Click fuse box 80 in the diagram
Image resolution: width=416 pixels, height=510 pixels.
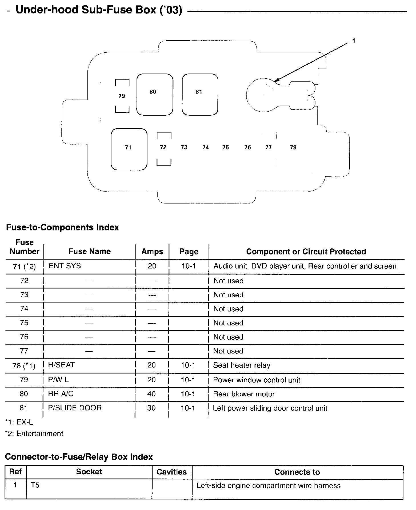click(155, 94)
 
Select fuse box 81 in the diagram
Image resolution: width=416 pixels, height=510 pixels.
click(200, 94)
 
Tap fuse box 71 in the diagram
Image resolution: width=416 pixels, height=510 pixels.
click(129, 149)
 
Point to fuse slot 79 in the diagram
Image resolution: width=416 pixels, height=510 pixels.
click(122, 96)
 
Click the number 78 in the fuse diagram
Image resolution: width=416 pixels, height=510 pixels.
click(293, 147)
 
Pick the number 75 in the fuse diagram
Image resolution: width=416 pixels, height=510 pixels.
click(226, 147)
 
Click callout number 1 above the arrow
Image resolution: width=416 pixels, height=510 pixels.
click(354, 41)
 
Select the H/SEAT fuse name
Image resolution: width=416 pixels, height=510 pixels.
click(61, 365)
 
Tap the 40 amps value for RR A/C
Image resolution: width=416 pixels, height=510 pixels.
click(151, 394)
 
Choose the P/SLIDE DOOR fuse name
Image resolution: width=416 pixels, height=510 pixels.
click(75, 408)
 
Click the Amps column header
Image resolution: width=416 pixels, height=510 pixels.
click(152, 252)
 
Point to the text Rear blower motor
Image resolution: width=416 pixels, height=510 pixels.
click(244, 394)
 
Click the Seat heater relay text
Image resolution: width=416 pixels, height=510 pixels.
click(241, 365)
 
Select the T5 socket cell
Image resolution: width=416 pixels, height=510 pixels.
click(35, 485)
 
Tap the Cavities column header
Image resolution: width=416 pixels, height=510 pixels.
click(171, 472)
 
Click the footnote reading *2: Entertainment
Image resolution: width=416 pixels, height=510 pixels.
click(34, 434)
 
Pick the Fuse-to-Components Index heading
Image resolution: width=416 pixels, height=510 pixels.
click(63, 228)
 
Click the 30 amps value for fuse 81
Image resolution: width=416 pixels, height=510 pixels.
click(151, 408)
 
